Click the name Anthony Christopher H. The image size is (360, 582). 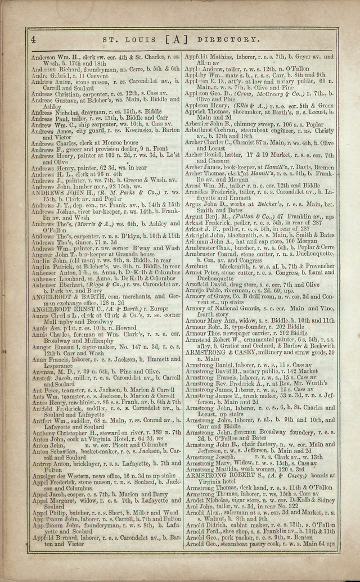click(x=64, y=432)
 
